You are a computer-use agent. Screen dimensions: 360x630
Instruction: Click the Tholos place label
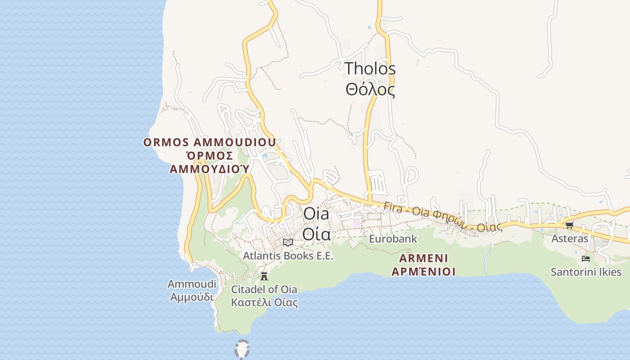[x=370, y=69]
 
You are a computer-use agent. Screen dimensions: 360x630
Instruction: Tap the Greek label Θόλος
[x=370, y=90]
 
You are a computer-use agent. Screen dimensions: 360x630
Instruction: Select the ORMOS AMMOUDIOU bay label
[x=209, y=143]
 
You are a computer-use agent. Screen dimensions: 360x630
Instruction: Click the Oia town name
[x=316, y=214]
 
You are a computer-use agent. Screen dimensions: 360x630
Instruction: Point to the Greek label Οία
[x=316, y=234]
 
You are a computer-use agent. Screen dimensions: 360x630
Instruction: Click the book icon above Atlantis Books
[x=288, y=242]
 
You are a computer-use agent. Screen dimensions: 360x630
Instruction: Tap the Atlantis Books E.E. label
[x=288, y=256]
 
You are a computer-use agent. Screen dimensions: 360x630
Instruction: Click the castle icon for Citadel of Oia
[x=264, y=276]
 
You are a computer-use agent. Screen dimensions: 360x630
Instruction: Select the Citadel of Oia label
[x=264, y=289]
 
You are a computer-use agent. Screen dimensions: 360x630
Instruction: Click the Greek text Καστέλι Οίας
[x=264, y=302]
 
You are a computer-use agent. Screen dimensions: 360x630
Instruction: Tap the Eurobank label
[x=393, y=239]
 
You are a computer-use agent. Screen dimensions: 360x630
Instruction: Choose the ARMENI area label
[x=423, y=258]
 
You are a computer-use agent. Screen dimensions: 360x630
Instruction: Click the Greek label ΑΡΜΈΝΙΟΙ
[x=423, y=271]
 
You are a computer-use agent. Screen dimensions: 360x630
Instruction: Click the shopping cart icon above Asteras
[x=570, y=225]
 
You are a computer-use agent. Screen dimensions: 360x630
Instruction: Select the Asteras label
[x=570, y=238]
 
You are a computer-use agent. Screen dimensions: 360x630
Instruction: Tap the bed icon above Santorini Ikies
[x=586, y=259]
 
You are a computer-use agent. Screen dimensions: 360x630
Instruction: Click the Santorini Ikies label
[x=586, y=272]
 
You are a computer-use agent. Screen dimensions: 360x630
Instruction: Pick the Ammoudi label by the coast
[x=192, y=284]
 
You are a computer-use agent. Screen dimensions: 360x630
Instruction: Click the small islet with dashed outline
[x=242, y=349]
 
